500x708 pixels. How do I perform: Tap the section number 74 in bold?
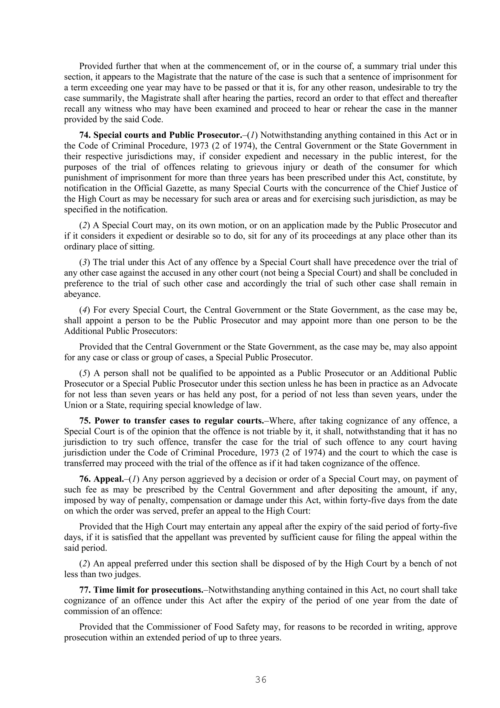[x=85, y=135]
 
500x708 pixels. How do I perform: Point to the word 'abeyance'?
[x=82, y=294]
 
